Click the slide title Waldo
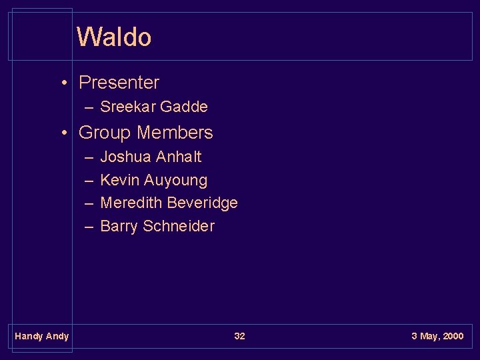coord(114,37)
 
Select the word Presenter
coord(119,83)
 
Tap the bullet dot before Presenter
coord(64,83)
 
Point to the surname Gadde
coord(183,107)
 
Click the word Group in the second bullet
coord(104,133)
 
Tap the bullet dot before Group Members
coord(64,133)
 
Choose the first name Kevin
coord(119,180)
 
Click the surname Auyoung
coord(175,181)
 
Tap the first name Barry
coord(119,226)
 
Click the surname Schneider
coord(178,226)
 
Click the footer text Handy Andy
coord(41,336)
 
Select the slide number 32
coord(239,336)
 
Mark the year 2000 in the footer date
coord(453,336)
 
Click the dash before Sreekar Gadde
coord(89,107)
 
